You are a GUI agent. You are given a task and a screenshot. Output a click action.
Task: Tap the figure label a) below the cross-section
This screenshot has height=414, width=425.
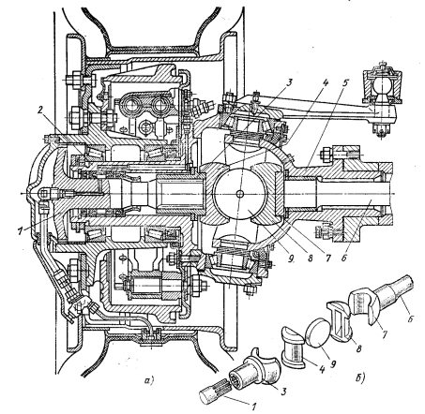click(x=149, y=380)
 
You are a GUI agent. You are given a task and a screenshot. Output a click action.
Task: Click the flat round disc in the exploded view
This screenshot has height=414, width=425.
click(x=317, y=332)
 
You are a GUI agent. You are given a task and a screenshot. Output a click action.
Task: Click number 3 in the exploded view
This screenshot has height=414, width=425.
click(x=283, y=391)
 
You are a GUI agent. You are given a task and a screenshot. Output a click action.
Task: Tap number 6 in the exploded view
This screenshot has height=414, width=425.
click(x=411, y=318)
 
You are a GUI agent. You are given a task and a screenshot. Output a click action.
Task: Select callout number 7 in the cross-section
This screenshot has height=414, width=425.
click(x=327, y=259)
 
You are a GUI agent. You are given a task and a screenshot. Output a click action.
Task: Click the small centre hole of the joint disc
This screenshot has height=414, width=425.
click(x=240, y=194)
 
